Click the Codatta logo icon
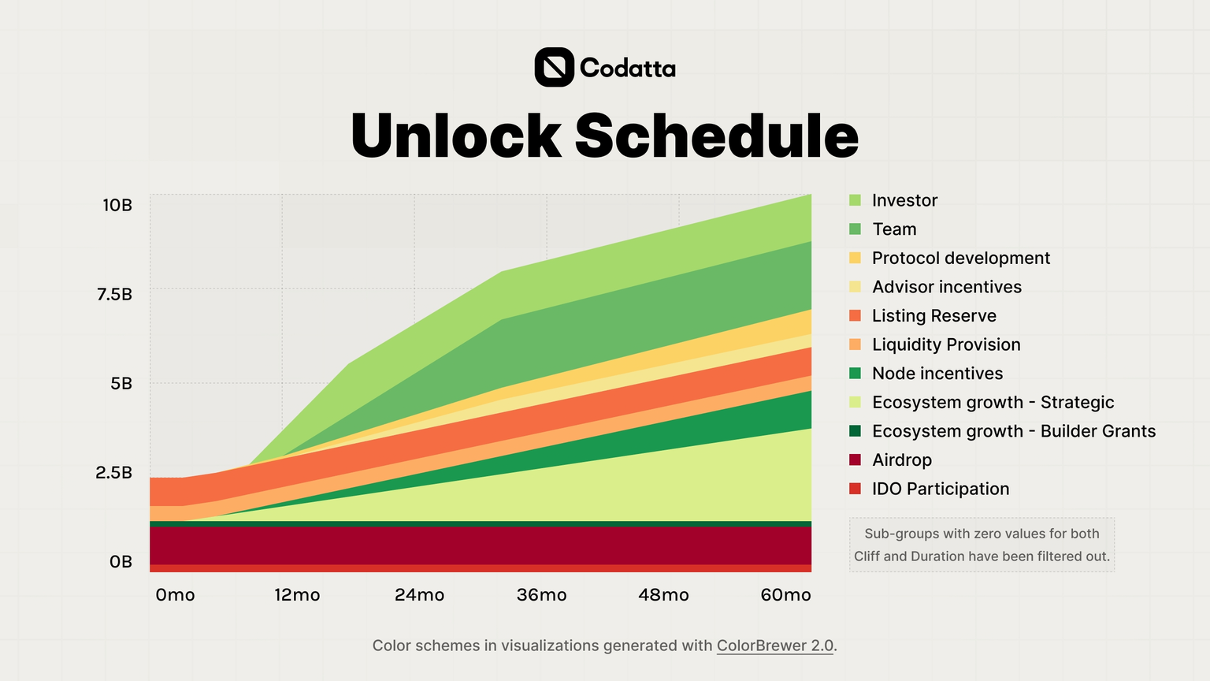(x=554, y=67)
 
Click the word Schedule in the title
(x=716, y=136)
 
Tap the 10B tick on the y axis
(x=117, y=206)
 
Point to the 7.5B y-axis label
(x=114, y=295)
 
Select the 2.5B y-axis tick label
(x=114, y=473)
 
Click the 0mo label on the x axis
(x=175, y=595)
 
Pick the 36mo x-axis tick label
(x=541, y=595)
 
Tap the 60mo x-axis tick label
(x=785, y=595)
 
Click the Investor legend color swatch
(x=856, y=200)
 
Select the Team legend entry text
(x=894, y=229)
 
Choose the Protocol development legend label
(x=960, y=259)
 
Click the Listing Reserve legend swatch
(x=856, y=316)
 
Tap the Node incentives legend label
(x=937, y=374)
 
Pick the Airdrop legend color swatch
(x=856, y=460)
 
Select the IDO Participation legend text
(x=940, y=489)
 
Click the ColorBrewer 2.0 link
(x=774, y=646)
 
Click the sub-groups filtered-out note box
(x=982, y=545)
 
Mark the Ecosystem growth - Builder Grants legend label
(x=1013, y=431)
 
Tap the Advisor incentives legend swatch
(x=856, y=287)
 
